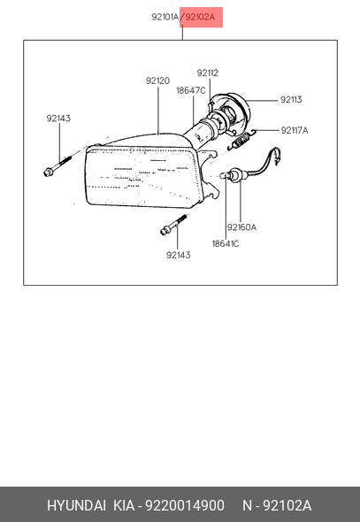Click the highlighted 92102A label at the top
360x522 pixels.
point(200,17)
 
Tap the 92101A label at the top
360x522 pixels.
point(165,17)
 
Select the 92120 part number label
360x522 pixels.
point(157,81)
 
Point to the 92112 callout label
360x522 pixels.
point(208,73)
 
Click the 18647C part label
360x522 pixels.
point(191,90)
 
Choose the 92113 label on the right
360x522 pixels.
point(291,100)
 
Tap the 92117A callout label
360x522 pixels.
point(295,130)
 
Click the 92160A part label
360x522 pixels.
point(241,227)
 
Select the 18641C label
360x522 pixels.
point(226,243)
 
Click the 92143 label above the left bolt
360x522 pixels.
point(58,119)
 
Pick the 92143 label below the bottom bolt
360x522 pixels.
point(179,255)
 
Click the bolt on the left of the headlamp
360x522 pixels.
point(57,165)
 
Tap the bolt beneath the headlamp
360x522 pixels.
point(173,225)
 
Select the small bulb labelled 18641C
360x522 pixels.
point(225,175)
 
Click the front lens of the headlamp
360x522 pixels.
point(143,178)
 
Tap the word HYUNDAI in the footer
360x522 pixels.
point(77,506)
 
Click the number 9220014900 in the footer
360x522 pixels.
point(185,506)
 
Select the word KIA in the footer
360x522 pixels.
point(124,506)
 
